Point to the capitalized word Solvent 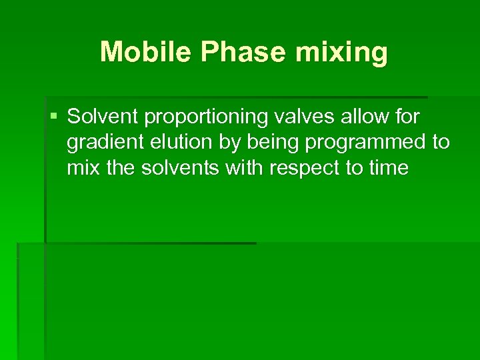pyautogui.click(x=102, y=117)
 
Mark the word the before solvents pyautogui.click(x=121, y=167)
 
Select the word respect pyautogui.click(x=305, y=168)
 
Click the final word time pyautogui.click(x=387, y=167)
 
